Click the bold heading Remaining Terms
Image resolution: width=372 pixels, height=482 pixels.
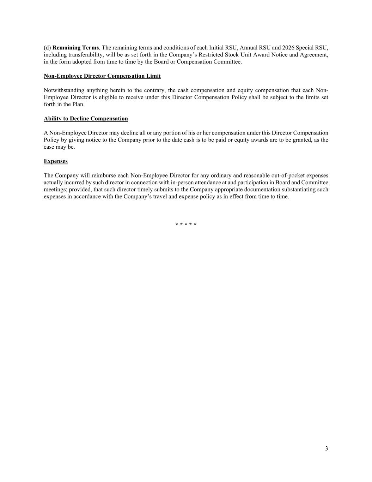[x=75, y=48]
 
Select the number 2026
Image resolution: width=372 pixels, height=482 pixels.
[x=288, y=48]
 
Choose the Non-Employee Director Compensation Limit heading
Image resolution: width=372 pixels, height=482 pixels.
[x=102, y=76]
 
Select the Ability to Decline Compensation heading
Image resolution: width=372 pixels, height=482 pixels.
[x=86, y=119]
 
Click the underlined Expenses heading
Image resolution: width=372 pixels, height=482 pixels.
[x=56, y=161]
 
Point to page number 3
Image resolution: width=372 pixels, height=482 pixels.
[x=327, y=449]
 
